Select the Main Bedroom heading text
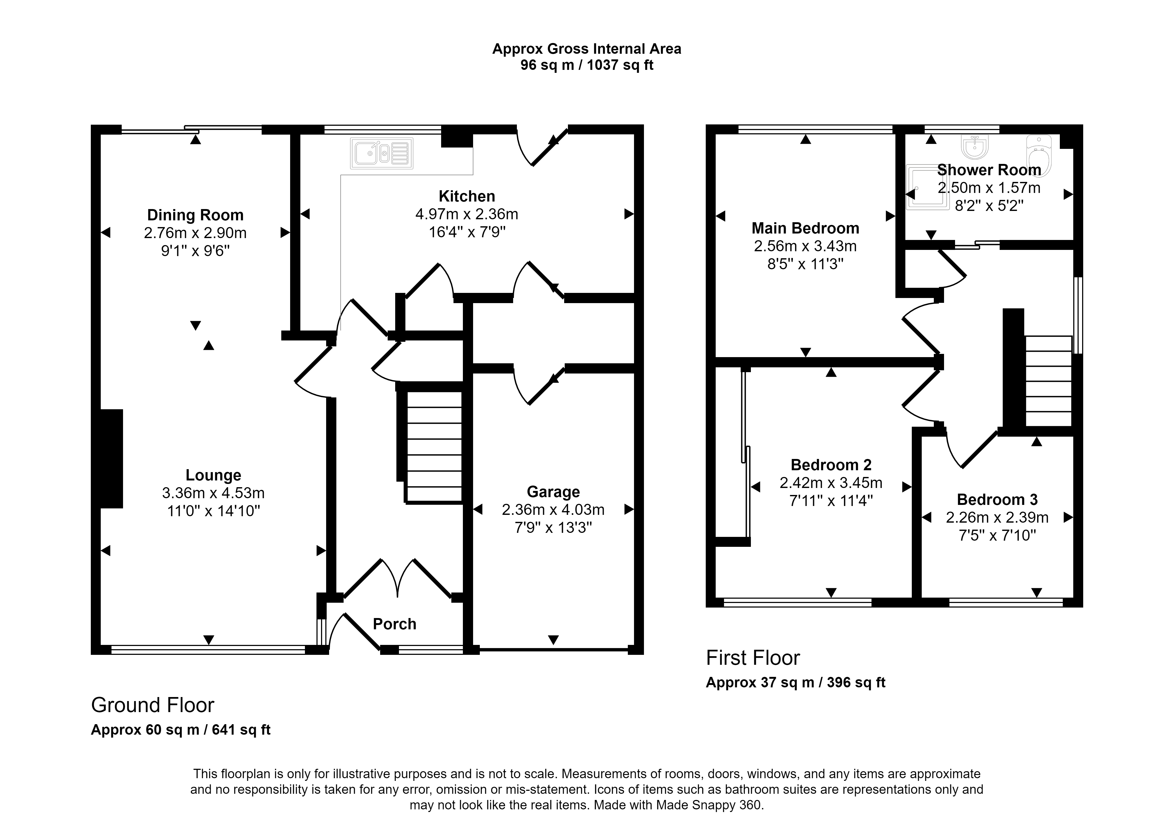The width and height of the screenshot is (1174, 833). tap(805, 228)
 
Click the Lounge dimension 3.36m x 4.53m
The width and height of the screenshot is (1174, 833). tap(213, 493)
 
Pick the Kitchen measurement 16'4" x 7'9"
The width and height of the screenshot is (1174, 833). tap(467, 232)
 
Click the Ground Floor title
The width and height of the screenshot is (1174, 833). tap(153, 705)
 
